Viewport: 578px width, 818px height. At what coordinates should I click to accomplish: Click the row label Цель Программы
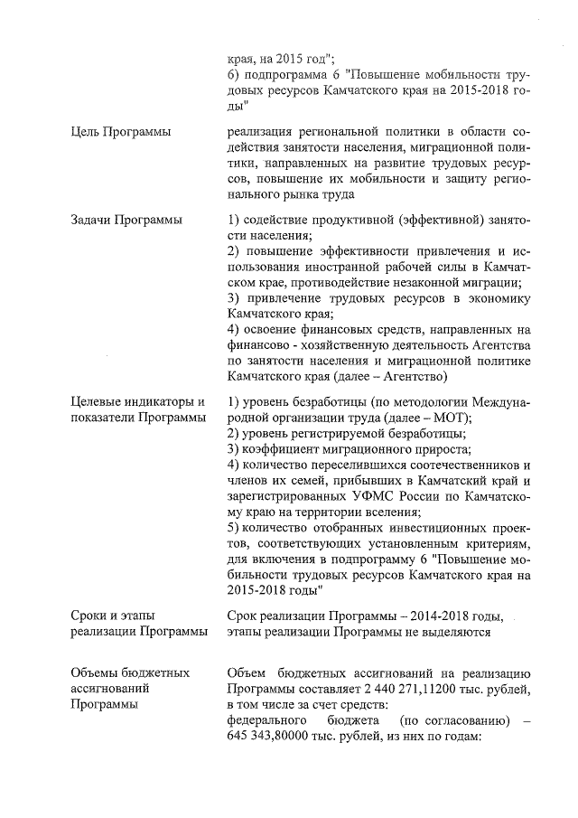point(121,134)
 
